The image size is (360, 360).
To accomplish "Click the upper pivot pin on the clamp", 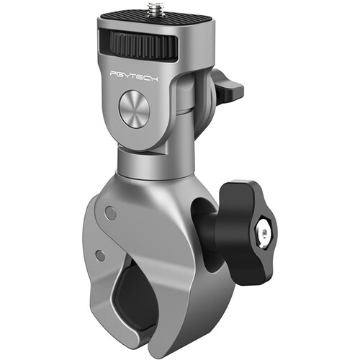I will click(109, 212).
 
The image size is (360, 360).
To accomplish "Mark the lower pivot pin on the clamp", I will click(101, 256).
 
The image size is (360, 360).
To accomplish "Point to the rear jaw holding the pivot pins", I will click(101, 238).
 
